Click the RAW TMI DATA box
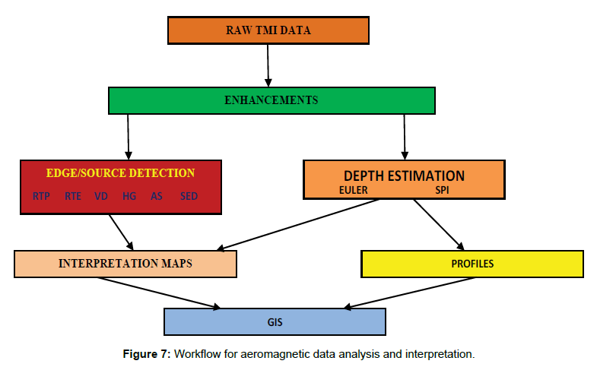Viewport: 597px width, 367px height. coord(268,31)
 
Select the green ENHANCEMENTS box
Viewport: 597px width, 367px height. coord(271,100)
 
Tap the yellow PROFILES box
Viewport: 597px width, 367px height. coord(472,264)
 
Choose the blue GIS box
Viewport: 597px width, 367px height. coord(275,322)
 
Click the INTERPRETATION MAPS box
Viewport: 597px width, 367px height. coord(125,264)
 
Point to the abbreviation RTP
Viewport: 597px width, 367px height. coord(42,196)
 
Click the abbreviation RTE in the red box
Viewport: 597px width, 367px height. coord(73,196)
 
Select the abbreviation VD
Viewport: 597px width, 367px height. coord(100,196)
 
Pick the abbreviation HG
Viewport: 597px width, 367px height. coord(129,196)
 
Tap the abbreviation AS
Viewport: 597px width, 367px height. coord(157,196)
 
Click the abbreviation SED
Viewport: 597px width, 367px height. coord(189,196)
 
